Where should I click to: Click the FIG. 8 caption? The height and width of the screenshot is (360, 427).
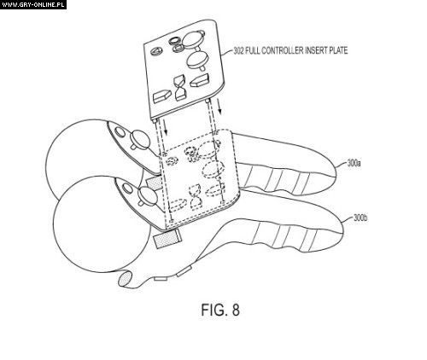[220, 310]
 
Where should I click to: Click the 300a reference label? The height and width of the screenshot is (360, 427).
[354, 164]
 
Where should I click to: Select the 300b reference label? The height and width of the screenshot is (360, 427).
[360, 218]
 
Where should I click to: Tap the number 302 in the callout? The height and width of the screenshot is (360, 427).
[238, 50]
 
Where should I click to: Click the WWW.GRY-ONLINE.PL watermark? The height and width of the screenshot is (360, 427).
[33, 4]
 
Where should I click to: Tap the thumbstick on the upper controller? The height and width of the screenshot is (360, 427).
[139, 139]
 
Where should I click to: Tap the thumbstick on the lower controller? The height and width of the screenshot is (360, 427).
[147, 196]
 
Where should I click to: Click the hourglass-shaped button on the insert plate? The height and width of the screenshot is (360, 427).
[181, 88]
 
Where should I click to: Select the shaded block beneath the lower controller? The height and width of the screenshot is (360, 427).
[167, 239]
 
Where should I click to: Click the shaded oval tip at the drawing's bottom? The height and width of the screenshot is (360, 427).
[125, 280]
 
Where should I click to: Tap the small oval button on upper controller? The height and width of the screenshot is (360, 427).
[120, 131]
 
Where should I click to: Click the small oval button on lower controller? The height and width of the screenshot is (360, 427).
[127, 189]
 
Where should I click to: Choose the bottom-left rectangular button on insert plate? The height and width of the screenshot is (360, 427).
[161, 96]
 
